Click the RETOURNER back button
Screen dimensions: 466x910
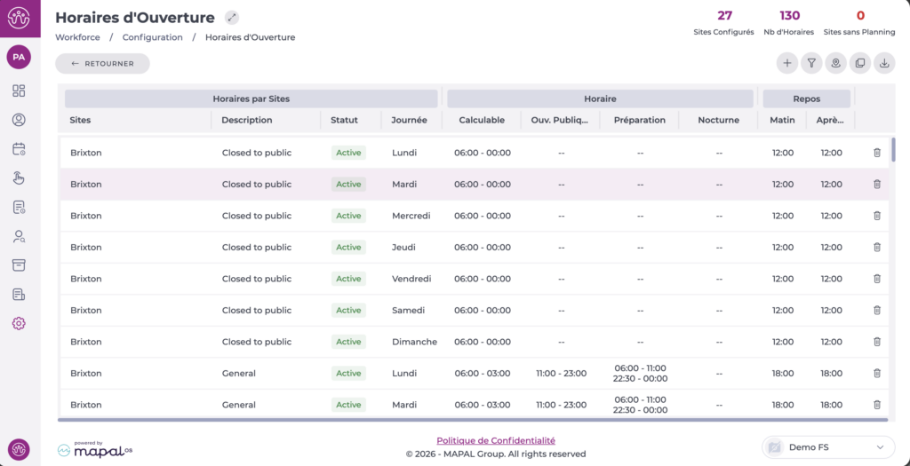(x=102, y=63)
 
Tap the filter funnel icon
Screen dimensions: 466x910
(x=810, y=63)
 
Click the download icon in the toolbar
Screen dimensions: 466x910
(x=884, y=63)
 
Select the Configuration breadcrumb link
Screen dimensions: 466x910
(x=152, y=37)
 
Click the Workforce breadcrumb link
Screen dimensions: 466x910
(x=77, y=37)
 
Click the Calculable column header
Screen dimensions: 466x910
(x=482, y=120)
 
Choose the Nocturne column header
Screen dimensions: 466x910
(x=718, y=120)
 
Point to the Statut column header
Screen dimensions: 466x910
(x=344, y=120)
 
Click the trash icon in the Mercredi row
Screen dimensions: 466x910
(x=877, y=216)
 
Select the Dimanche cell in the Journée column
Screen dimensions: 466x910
(x=414, y=342)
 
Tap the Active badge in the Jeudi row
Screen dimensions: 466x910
(x=348, y=248)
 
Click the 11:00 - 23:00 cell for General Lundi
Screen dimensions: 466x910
(x=561, y=374)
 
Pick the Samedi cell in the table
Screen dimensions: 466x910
(x=409, y=311)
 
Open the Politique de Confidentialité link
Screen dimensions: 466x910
(x=496, y=440)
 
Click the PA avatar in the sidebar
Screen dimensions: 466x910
(x=19, y=58)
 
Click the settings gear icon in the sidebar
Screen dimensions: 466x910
(x=19, y=324)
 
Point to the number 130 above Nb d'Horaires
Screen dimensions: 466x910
(x=789, y=15)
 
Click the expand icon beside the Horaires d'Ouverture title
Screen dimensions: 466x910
(x=232, y=17)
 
